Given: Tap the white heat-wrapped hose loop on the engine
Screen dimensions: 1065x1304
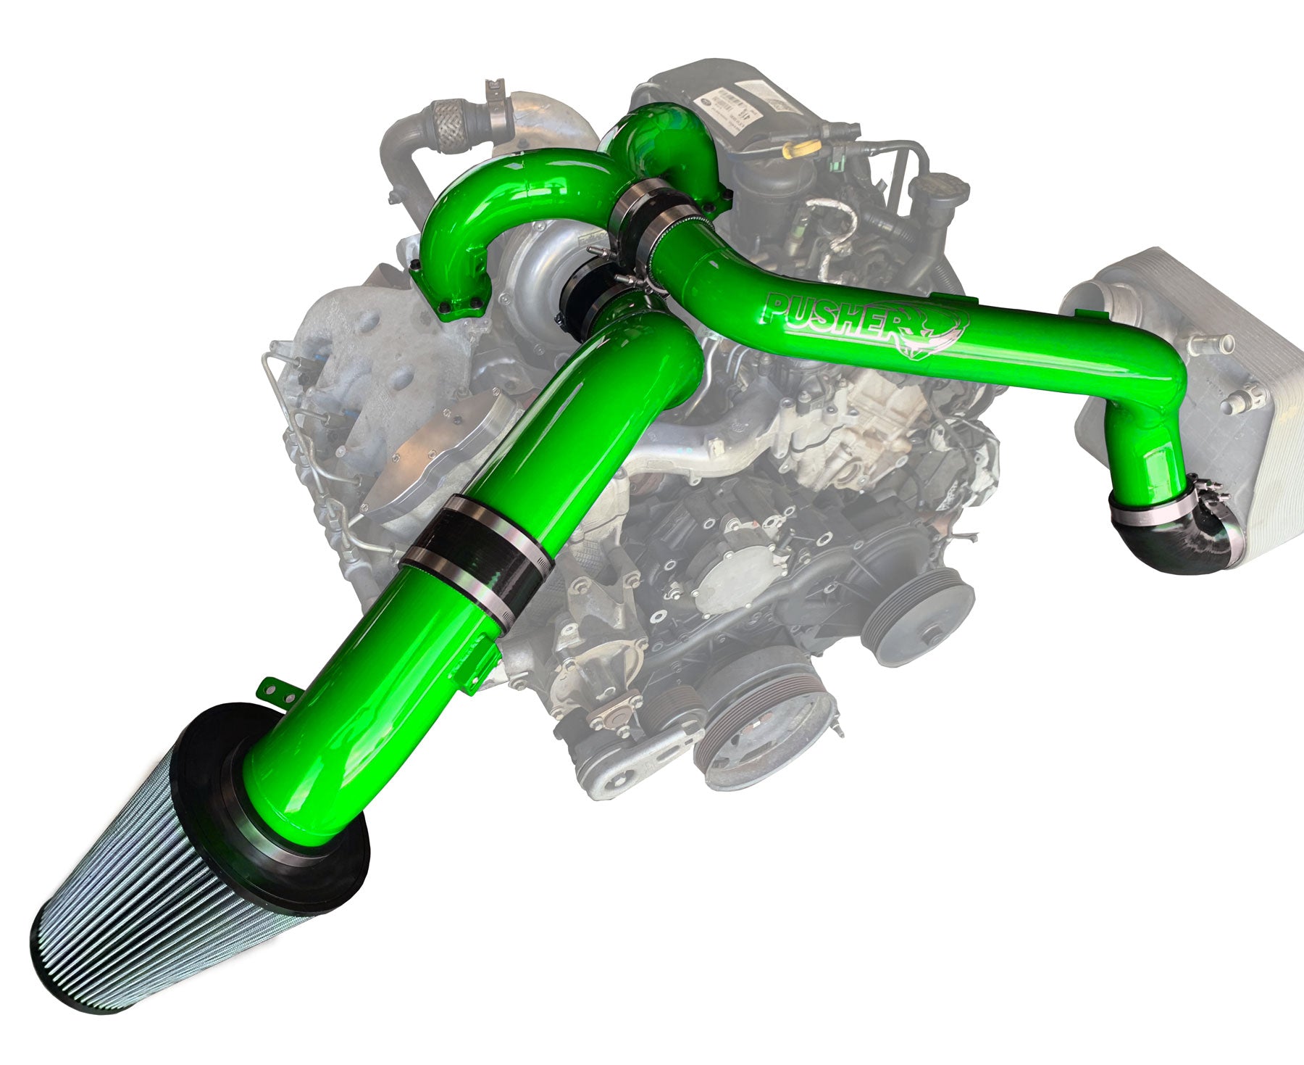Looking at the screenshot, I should pos(840,217).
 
